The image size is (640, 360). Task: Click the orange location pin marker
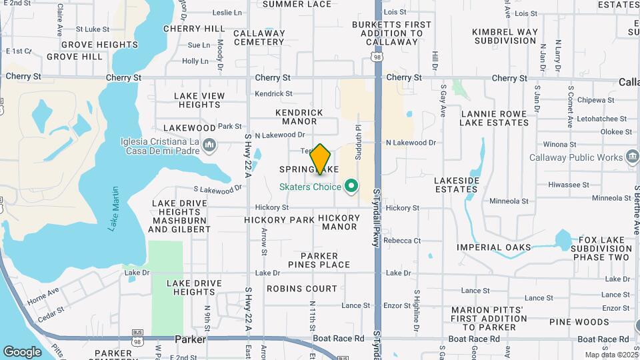pyautogui.click(x=321, y=159)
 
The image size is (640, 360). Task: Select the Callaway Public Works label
pyautogui.click(x=577, y=158)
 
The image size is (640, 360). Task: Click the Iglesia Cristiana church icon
pyautogui.click(x=209, y=145)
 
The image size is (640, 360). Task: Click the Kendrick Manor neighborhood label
pyautogui.click(x=299, y=117)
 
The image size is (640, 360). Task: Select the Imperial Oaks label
pyautogui.click(x=494, y=247)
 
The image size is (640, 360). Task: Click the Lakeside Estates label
pyautogui.click(x=456, y=185)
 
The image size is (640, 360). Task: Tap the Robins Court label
pyautogui.click(x=302, y=289)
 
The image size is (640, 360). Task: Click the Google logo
pyautogui.click(x=22, y=351)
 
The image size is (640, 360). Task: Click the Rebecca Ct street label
pyautogui.click(x=402, y=241)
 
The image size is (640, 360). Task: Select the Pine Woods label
pyautogui.click(x=579, y=322)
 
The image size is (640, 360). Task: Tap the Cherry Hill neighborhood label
pyautogui.click(x=194, y=29)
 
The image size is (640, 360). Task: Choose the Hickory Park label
pyautogui.click(x=279, y=219)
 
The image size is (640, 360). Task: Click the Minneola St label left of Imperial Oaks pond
pyautogui.click(x=509, y=201)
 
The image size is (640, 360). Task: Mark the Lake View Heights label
pyautogui.click(x=199, y=101)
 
